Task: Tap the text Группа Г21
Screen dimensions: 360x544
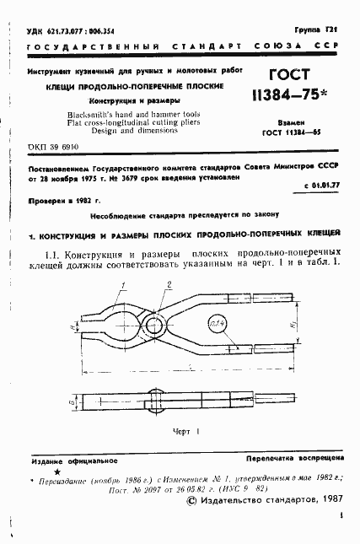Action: pyautogui.click(x=322, y=30)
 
